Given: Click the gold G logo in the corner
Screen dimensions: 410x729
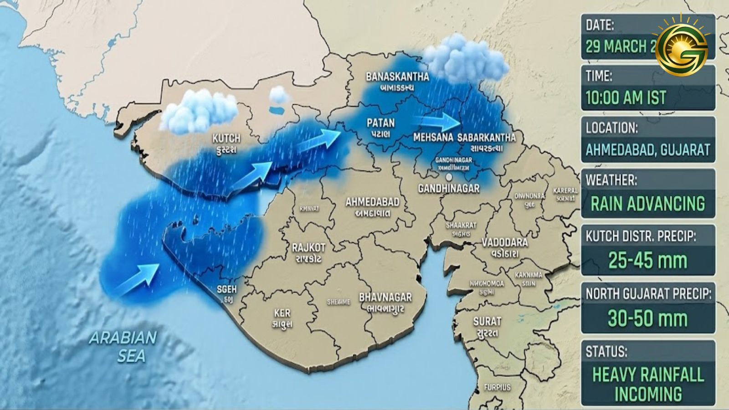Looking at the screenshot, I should coord(681,44).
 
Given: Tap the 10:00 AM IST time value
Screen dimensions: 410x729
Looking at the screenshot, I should coord(626,97).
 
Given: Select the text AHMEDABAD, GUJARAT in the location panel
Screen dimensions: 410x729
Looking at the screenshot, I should coord(647,149).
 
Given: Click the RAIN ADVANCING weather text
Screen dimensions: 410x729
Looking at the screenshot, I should coord(647,203).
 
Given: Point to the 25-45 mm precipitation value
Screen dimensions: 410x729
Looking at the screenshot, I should coord(647,261).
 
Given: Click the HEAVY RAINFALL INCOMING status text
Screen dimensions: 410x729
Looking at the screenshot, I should coord(647,384).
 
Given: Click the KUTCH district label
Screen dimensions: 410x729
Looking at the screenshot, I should coord(226,138).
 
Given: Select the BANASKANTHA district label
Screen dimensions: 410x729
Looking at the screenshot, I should coord(397,76).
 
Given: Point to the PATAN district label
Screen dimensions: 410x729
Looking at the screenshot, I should coord(381,123).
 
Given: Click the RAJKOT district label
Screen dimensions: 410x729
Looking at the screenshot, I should coord(308,248).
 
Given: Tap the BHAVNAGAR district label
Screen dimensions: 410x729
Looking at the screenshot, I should coord(385,297).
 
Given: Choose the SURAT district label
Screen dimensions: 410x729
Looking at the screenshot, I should coord(487,321).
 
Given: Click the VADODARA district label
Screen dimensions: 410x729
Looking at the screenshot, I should coord(505,242).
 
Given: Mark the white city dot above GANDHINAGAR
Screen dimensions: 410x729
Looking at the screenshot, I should coord(449,177).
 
